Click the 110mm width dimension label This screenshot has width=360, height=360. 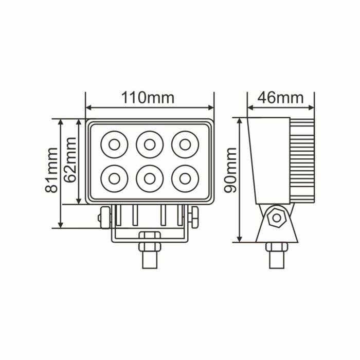pos(148,98)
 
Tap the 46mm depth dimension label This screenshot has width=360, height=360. pos(281,98)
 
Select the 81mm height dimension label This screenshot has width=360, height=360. pos(51,170)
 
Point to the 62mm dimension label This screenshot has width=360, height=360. pos(70,160)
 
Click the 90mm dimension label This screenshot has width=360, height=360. pos(230,170)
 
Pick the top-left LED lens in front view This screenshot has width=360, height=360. pos(114,145)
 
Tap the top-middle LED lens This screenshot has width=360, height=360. pos(150,145)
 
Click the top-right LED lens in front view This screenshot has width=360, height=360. pos(185,145)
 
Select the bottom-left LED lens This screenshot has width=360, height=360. pos(114,178)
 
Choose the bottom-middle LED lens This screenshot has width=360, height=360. pos(150,178)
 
